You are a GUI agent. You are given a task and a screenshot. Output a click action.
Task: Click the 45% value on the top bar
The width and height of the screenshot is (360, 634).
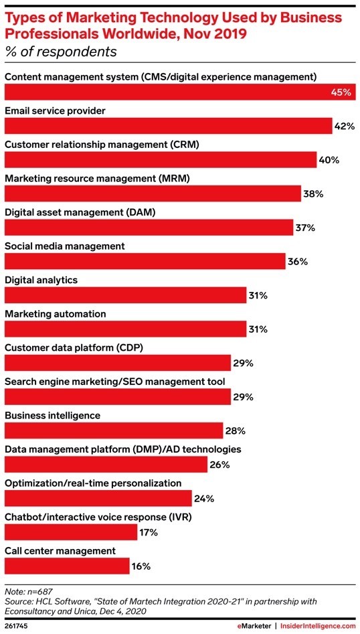click(x=340, y=92)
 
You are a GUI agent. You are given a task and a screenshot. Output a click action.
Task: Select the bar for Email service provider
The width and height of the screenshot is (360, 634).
click(x=168, y=126)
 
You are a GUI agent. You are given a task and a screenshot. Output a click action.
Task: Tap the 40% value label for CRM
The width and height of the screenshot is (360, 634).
click(x=329, y=160)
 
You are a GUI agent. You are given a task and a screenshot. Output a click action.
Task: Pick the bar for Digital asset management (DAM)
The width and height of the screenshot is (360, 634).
click(x=148, y=228)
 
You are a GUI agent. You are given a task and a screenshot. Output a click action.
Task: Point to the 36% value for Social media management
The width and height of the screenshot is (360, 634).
click(x=297, y=262)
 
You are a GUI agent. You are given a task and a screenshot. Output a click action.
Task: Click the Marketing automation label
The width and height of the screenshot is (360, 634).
click(x=54, y=313)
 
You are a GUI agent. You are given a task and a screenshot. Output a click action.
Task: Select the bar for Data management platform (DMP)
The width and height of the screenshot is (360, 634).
click(x=106, y=465)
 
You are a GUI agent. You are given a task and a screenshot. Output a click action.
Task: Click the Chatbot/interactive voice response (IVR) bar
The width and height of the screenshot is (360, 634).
click(x=71, y=532)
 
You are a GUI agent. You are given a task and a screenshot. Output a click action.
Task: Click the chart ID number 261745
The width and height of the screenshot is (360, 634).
click(x=17, y=625)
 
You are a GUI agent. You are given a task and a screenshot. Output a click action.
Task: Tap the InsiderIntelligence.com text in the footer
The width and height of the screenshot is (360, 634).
click(x=318, y=625)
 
